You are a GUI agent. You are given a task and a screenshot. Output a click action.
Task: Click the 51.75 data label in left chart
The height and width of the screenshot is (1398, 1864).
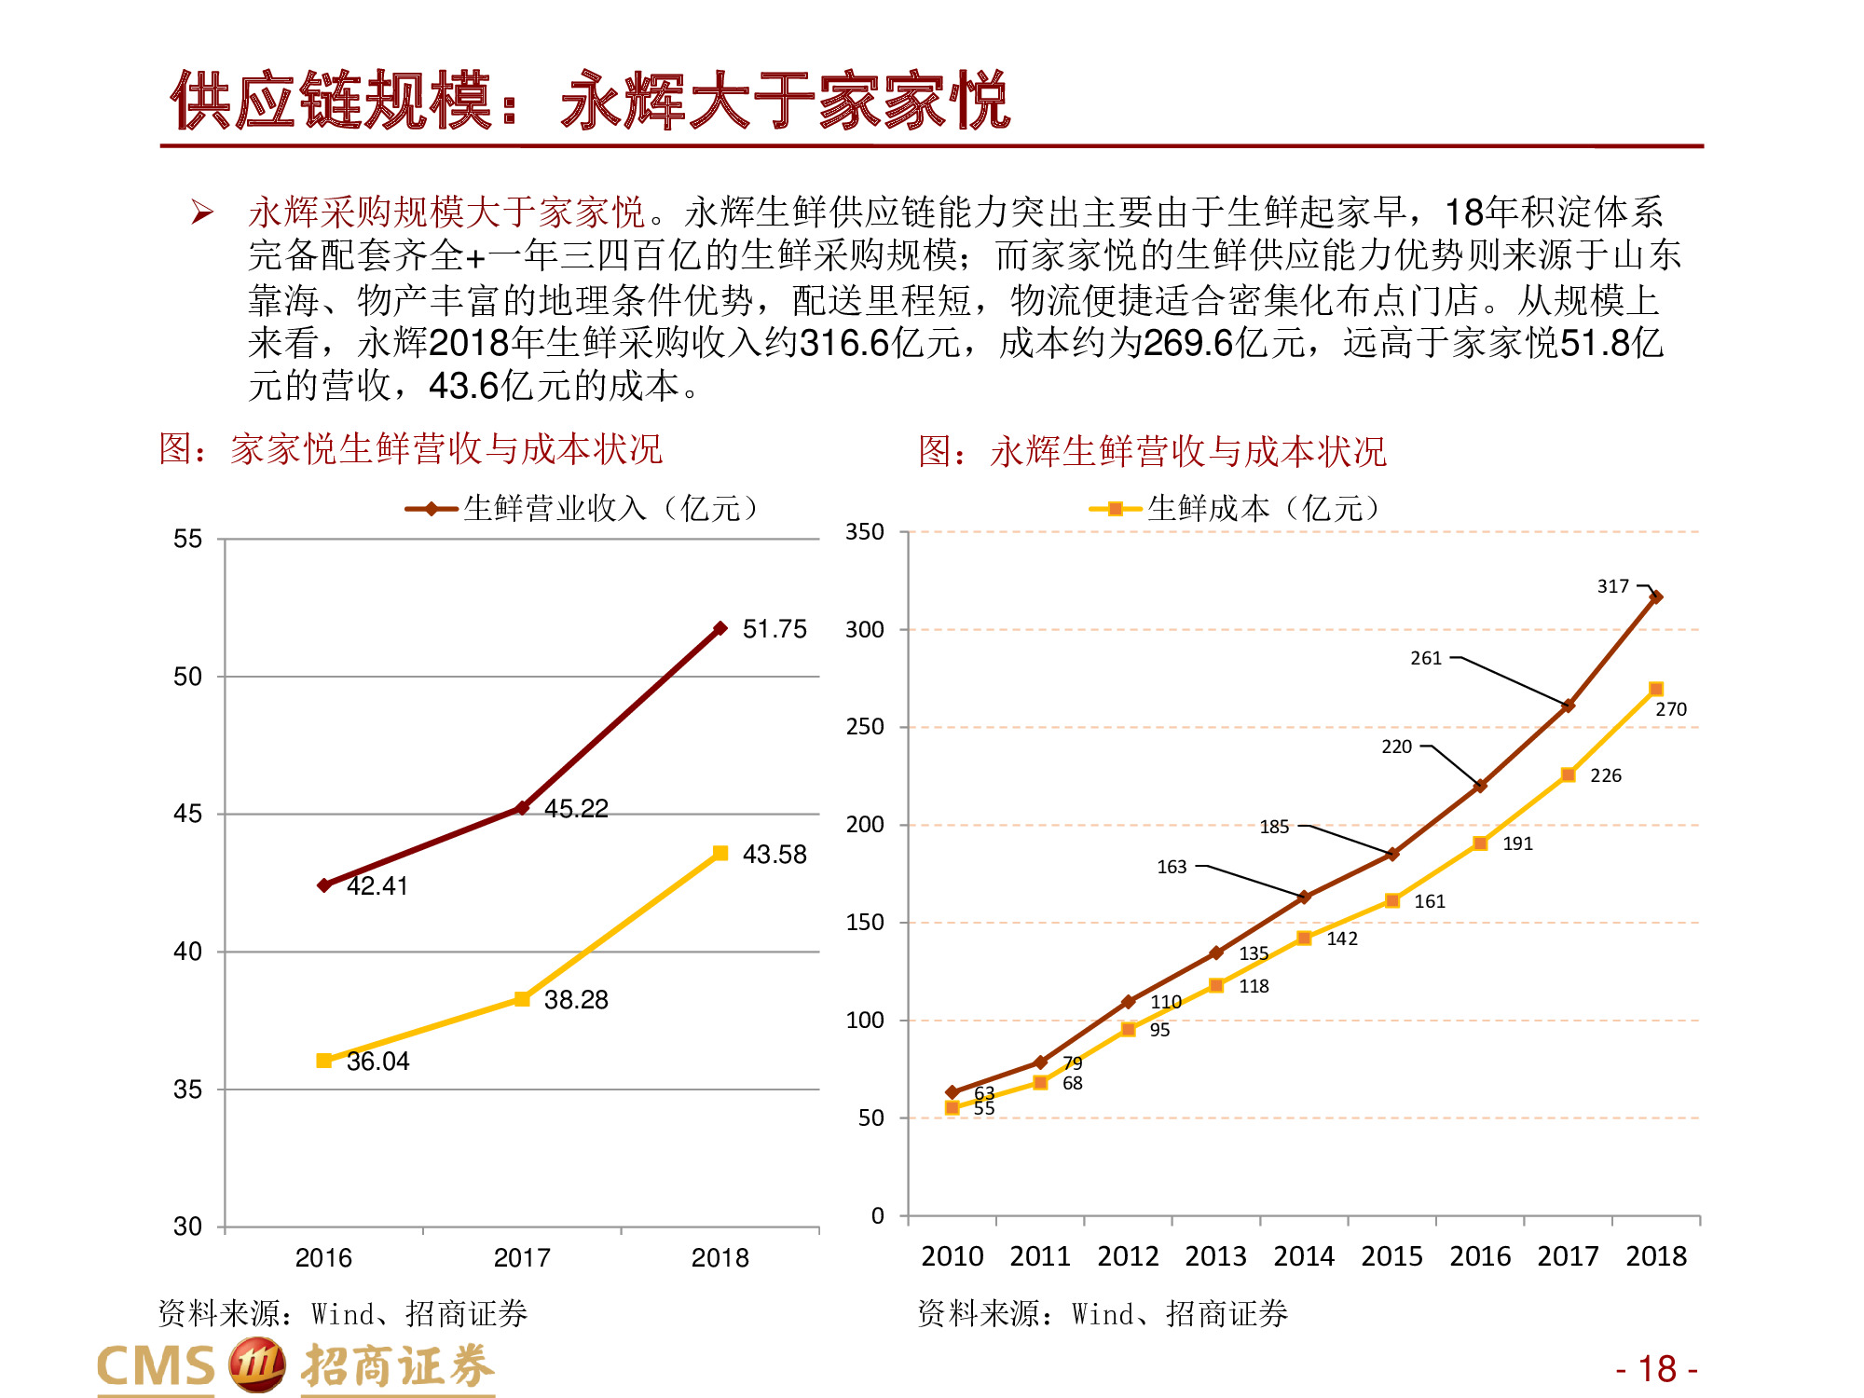774,629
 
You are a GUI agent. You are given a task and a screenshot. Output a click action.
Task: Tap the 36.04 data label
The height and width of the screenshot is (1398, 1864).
377,1062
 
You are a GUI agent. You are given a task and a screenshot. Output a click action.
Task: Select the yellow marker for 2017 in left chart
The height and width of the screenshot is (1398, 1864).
522,999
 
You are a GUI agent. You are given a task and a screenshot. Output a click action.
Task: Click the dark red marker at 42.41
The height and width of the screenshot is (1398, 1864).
323,884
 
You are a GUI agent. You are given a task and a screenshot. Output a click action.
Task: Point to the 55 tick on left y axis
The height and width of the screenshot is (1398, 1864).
187,539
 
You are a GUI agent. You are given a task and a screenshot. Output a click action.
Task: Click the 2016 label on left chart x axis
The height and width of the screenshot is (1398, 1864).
323,1258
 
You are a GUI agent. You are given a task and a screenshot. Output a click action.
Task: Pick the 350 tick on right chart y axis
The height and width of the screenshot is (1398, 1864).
864,532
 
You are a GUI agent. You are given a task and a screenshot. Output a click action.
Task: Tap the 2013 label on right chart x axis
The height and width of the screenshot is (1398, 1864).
1215,1256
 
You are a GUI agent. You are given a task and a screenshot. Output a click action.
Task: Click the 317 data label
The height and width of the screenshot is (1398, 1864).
1612,586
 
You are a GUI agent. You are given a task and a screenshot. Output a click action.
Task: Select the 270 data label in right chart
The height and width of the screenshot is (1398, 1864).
1670,709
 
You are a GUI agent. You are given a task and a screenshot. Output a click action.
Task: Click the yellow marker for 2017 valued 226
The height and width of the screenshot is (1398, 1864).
1568,774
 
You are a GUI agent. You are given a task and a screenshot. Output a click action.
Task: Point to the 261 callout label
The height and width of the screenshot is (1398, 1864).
1425,658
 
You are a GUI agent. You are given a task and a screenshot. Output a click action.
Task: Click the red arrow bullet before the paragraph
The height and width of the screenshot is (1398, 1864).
202,212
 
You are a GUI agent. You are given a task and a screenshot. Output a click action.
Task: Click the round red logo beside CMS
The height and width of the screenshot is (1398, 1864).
256,1365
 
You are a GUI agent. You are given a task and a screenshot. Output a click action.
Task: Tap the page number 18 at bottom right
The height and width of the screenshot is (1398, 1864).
1656,1369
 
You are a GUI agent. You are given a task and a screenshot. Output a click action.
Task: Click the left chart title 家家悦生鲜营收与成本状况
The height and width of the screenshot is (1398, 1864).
445,449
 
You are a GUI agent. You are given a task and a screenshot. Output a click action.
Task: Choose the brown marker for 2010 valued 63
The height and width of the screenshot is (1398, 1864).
952,1091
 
